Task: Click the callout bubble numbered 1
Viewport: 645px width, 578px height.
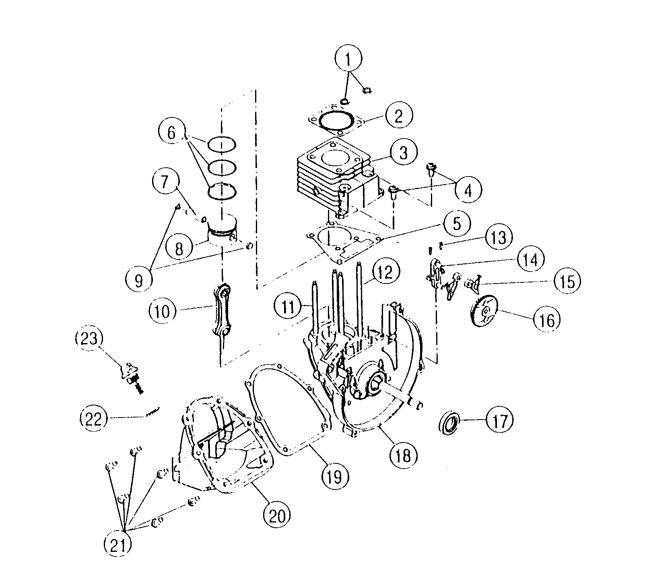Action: point(348,61)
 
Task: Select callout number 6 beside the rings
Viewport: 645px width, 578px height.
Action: point(171,133)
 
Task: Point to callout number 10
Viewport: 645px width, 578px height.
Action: point(163,311)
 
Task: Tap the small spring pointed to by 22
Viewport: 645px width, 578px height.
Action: point(153,411)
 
